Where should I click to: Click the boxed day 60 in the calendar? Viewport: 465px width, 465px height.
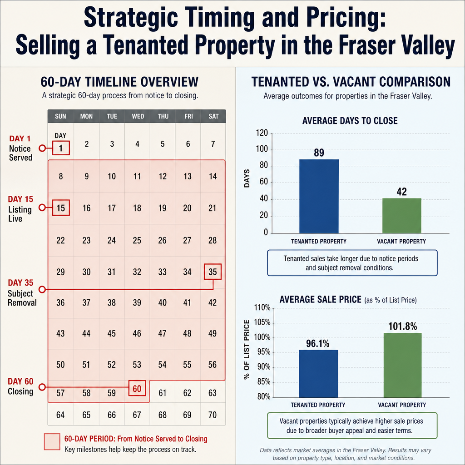click(x=137, y=388)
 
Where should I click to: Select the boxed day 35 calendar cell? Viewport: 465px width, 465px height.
click(x=213, y=272)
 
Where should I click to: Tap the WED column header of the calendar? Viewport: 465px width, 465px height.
click(x=138, y=116)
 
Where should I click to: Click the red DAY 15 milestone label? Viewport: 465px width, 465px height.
click(x=20, y=199)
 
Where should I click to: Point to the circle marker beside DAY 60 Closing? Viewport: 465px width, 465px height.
click(x=42, y=387)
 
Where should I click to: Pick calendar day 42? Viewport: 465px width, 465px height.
click(x=213, y=302)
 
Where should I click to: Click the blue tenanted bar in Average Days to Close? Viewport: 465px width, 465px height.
click(x=319, y=196)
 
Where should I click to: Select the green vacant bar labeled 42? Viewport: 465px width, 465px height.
click(x=401, y=216)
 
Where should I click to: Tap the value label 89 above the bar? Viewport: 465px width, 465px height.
click(x=319, y=153)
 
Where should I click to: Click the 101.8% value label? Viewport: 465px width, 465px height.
click(x=402, y=326)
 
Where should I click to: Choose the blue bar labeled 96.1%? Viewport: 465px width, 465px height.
click(x=318, y=374)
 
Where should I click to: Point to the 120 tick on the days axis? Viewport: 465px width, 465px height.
click(x=262, y=133)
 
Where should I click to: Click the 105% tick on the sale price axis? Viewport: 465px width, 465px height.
click(x=262, y=322)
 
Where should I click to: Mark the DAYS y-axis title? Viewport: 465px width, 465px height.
click(x=247, y=178)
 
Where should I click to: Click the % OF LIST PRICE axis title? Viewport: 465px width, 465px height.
click(x=247, y=350)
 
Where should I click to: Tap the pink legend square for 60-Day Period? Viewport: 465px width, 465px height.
click(x=52, y=442)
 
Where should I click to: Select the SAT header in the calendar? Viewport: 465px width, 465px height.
click(x=213, y=116)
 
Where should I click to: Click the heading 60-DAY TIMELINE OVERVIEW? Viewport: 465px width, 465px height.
click(x=119, y=82)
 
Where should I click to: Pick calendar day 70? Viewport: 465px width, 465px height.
click(x=213, y=415)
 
